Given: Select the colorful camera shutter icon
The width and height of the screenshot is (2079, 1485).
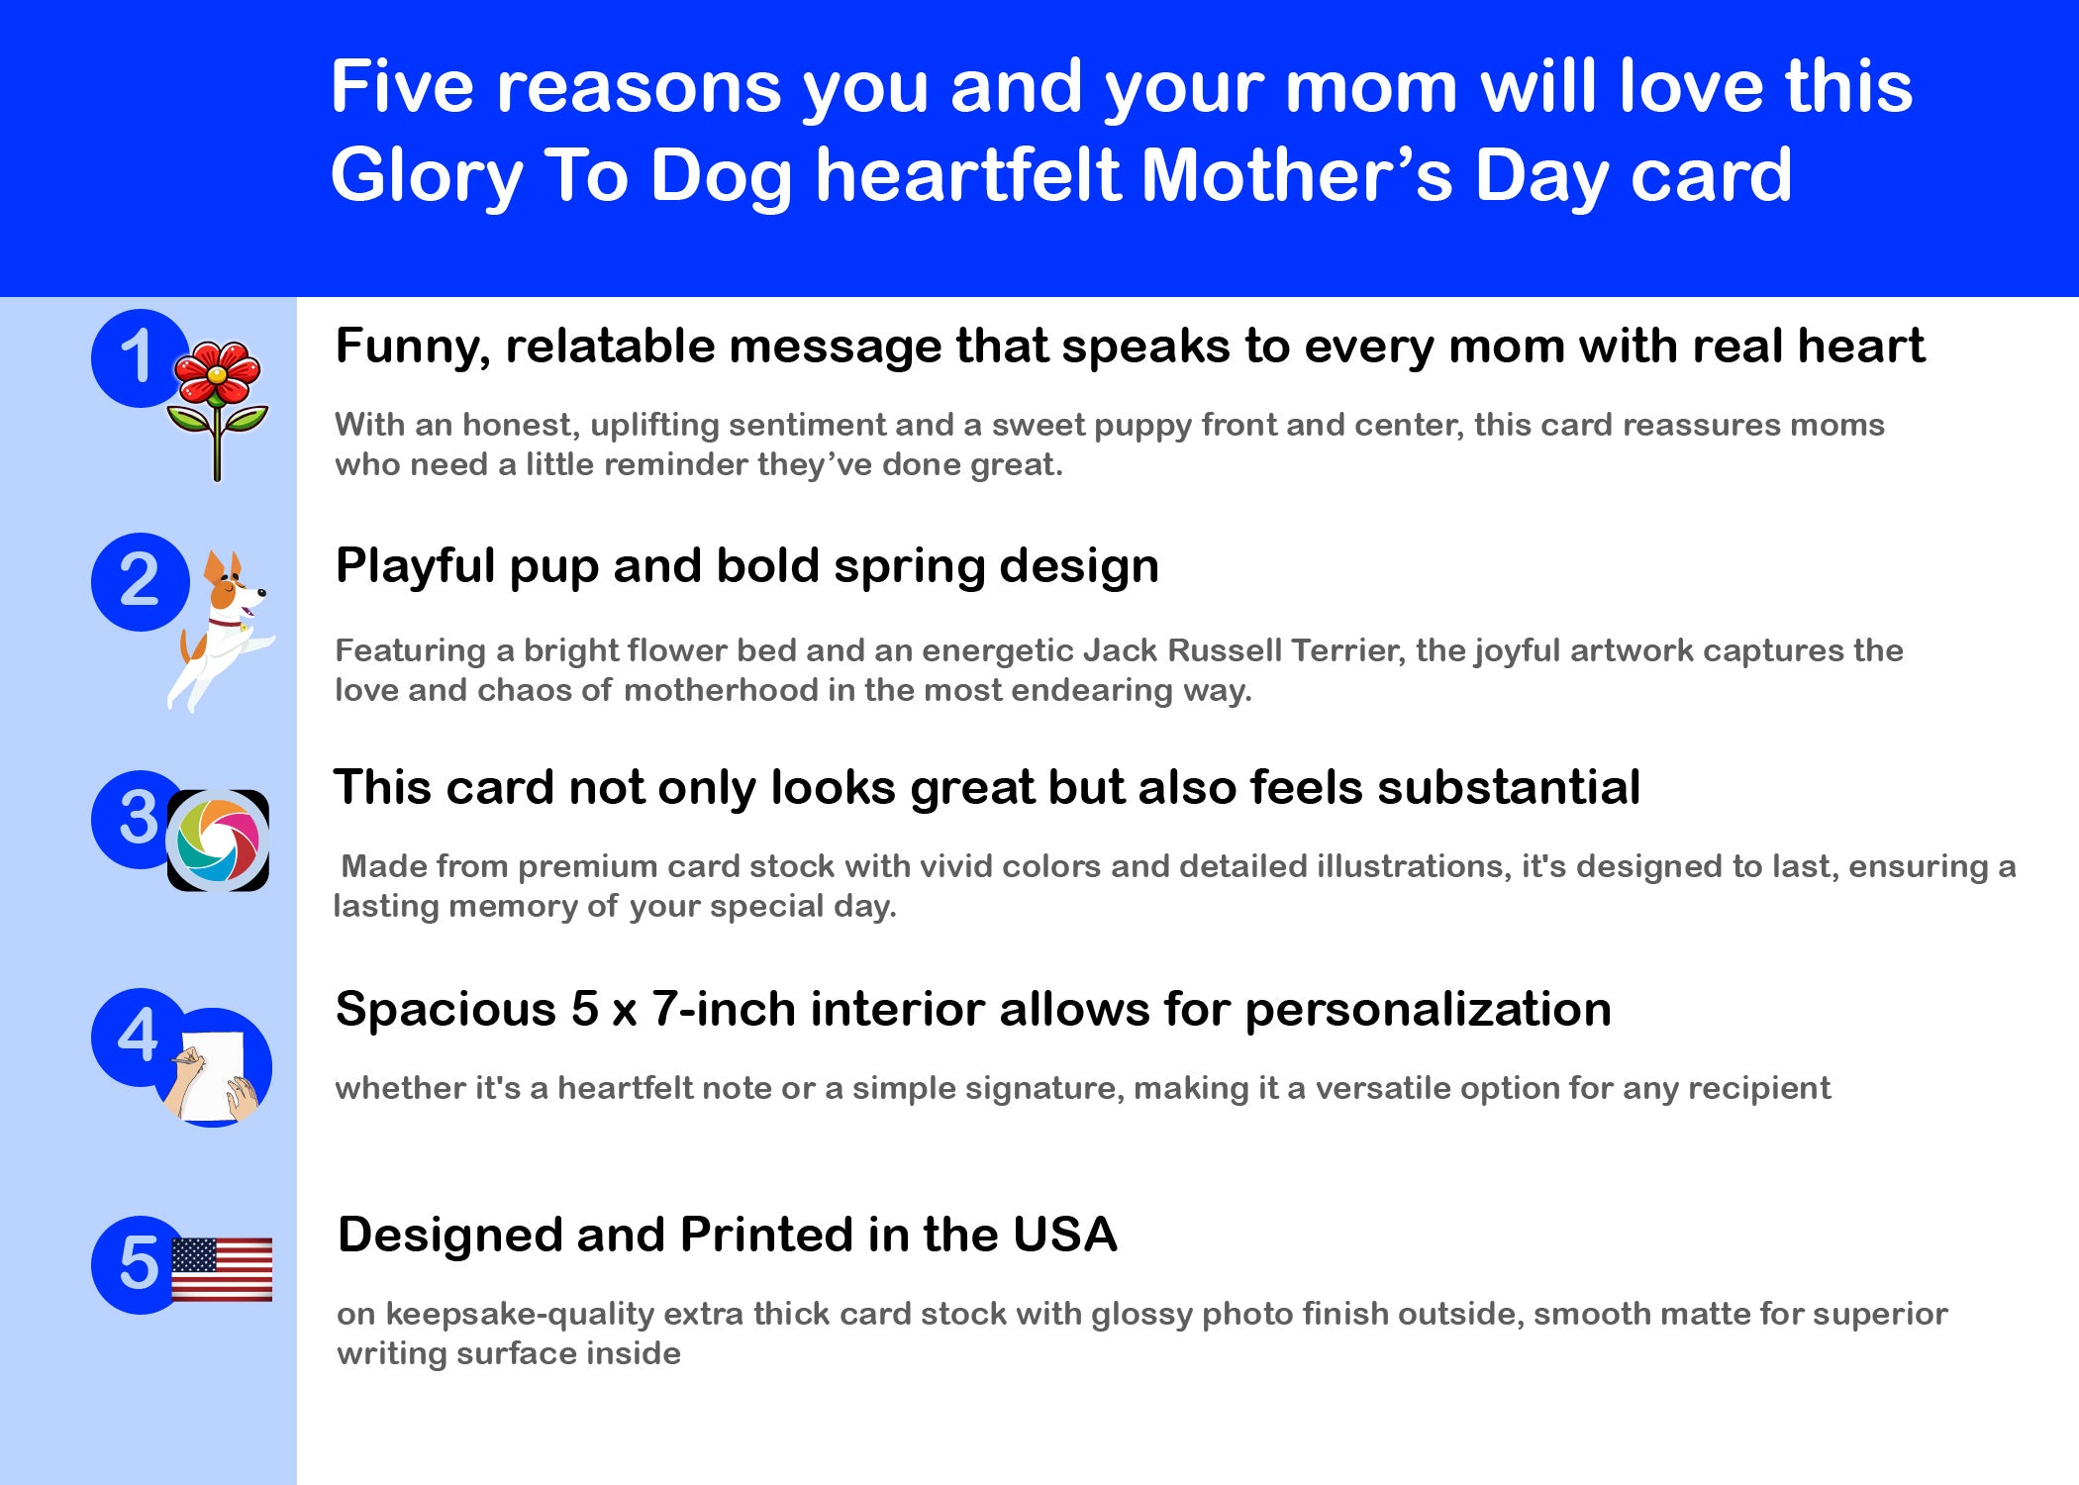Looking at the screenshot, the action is click(218, 841).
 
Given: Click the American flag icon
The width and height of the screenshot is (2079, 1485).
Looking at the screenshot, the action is click(222, 1269).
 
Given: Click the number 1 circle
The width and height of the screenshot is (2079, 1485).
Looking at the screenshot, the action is click(140, 357).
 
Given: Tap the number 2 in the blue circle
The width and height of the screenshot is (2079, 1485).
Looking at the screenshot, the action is click(140, 582).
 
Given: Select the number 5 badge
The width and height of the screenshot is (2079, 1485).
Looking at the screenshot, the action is click(140, 1264).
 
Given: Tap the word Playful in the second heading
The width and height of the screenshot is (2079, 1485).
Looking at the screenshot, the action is click(416, 567).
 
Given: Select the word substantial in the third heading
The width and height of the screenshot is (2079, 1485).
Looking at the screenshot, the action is click(1509, 788).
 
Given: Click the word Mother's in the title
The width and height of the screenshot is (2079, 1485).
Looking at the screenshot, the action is click(1298, 174).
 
